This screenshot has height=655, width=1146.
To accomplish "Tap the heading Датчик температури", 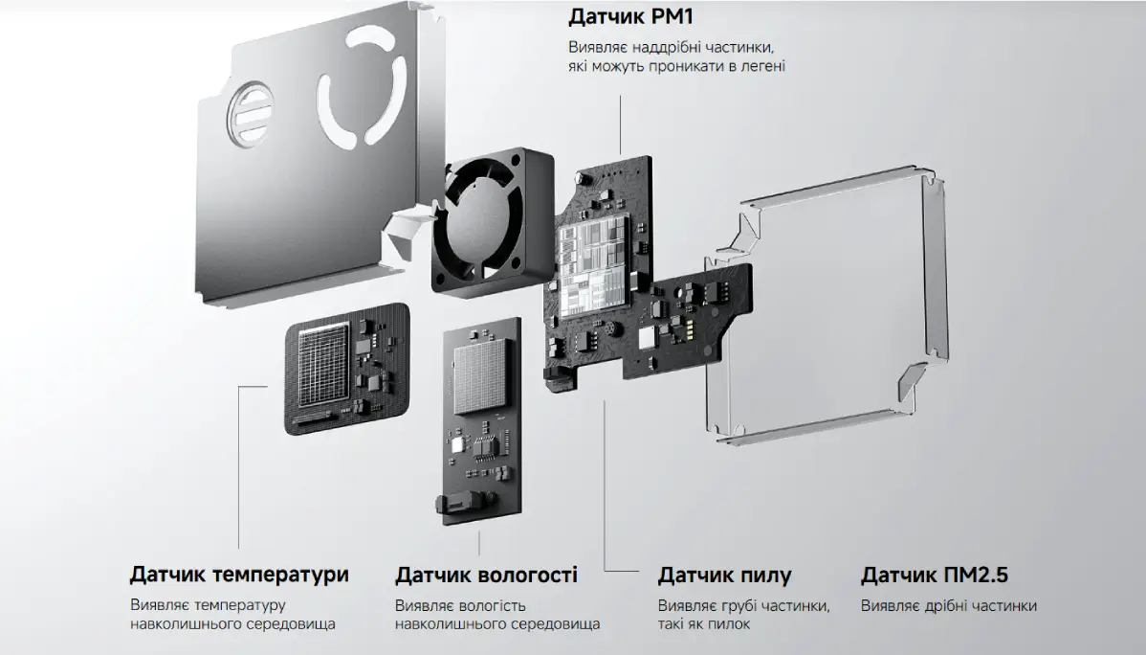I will point(239,575).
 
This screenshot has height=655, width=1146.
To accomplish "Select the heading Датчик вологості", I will point(486,575).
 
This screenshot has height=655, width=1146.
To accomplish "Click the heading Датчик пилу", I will point(724,576).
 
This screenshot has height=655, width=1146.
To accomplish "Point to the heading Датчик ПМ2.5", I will point(934,576).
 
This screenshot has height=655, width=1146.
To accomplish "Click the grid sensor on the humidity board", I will point(483,382).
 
